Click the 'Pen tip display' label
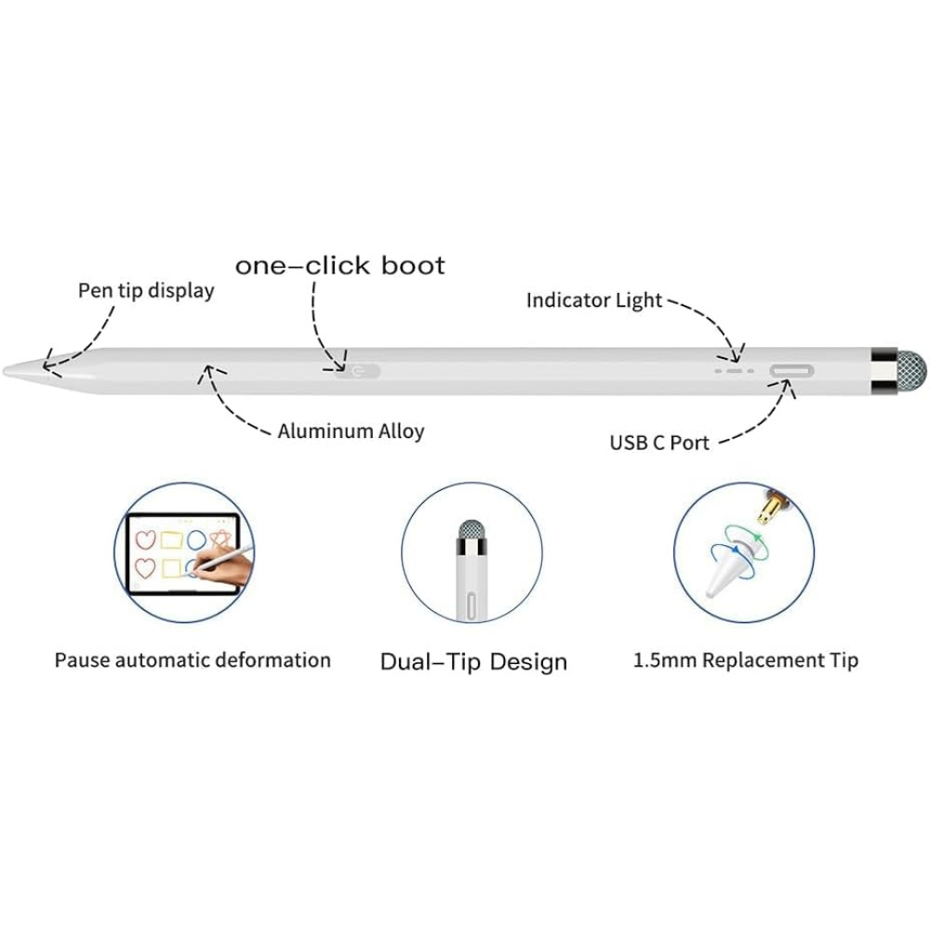tap(146, 291)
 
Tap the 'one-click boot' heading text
tap(339, 265)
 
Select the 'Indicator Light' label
tap(593, 300)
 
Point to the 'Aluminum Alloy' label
tap(352, 431)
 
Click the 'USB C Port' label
tap(659, 443)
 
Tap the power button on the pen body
tap(358, 372)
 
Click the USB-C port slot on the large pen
tap(791, 371)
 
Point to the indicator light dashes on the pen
tap(735, 371)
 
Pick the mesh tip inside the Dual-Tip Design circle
tap(472, 530)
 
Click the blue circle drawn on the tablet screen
tap(196, 539)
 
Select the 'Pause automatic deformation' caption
tap(193, 660)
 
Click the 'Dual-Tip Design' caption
tap(473, 661)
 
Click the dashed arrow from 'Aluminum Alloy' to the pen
tap(232, 405)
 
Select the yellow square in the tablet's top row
tap(171, 539)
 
